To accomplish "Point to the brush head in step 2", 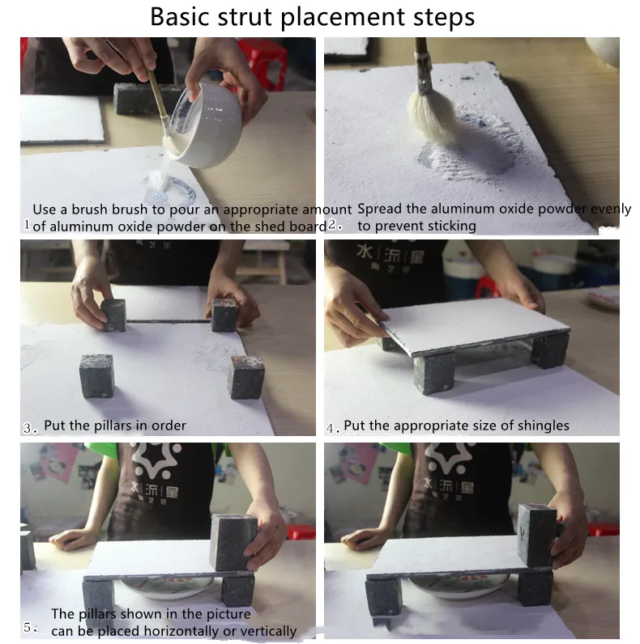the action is click(431, 117).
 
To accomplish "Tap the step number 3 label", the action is click(30, 428).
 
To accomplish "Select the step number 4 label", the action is click(333, 428).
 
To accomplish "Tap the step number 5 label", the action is click(30, 628).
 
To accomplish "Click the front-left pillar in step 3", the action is click(96, 376).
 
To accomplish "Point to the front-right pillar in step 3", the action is click(246, 377).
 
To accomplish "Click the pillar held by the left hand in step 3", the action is click(113, 315).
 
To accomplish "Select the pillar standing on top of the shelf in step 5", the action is click(233, 542).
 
